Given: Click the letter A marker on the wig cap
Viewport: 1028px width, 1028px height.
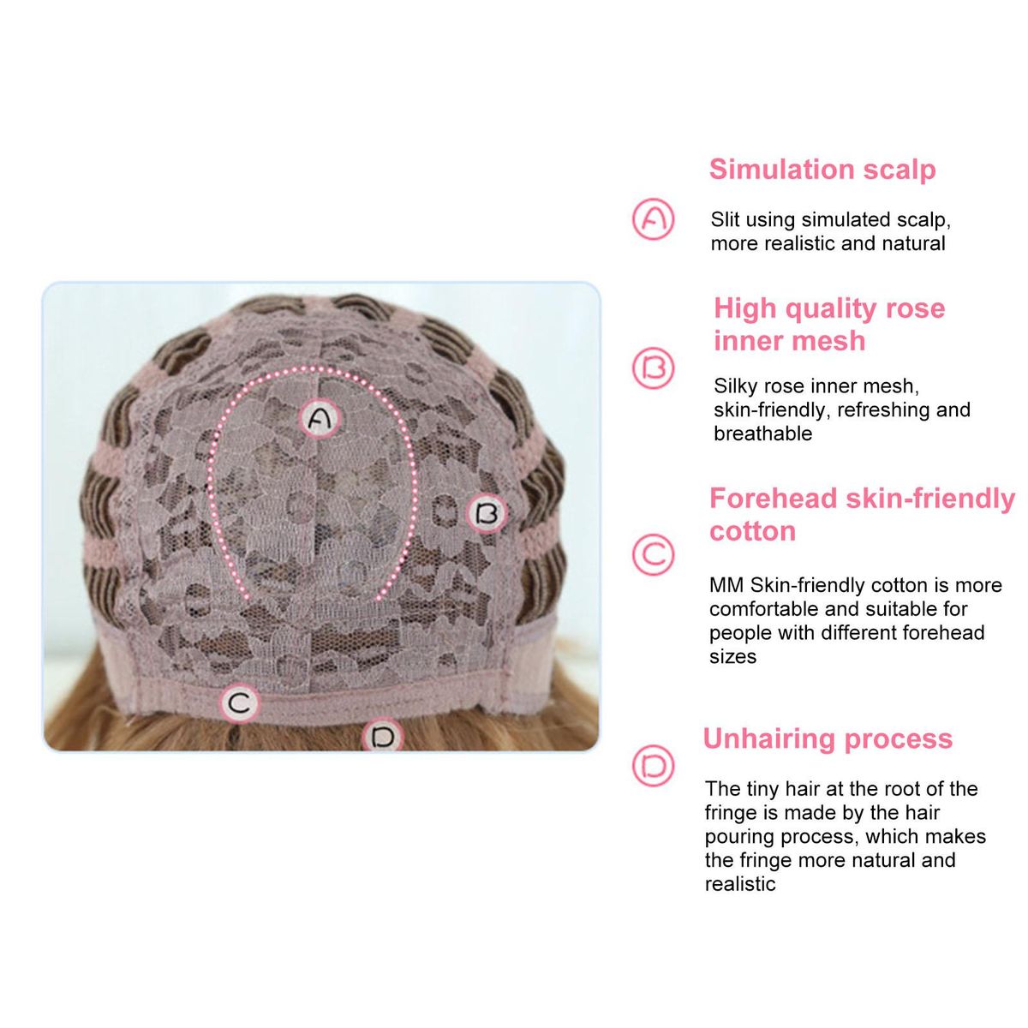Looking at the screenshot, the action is click(320, 419).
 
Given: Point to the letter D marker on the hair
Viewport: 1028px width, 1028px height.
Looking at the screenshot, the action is click(382, 737).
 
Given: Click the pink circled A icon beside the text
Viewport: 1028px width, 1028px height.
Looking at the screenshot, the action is click(653, 218).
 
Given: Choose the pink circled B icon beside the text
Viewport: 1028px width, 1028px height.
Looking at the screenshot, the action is click(653, 368).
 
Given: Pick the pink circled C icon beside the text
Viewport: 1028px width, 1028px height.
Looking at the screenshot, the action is click(653, 554).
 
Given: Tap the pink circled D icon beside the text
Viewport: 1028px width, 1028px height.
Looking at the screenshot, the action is click(653, 766).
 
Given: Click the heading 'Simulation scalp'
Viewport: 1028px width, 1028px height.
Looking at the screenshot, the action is click(822, 170).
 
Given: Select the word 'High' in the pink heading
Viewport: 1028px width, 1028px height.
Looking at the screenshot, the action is click(745, 308).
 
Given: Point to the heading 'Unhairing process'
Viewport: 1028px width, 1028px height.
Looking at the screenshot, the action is click(828, 738).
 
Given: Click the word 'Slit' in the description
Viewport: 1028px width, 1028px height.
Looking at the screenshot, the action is click(725, 219).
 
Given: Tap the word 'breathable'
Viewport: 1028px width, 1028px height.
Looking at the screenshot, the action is click(763, 433).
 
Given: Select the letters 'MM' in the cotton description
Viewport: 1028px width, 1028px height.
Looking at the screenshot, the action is click(726, 585).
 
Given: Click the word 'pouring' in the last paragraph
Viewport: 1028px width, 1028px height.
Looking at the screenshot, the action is click(738, 836).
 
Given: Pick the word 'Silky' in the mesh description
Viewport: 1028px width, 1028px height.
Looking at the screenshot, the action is click(736, 385).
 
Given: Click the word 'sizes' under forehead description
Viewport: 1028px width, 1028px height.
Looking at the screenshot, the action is click(732, 657).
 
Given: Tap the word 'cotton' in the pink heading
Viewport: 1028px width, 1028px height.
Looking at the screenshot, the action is click(752, 531).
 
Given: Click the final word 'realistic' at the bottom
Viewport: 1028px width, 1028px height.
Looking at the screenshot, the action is click(740, 884).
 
